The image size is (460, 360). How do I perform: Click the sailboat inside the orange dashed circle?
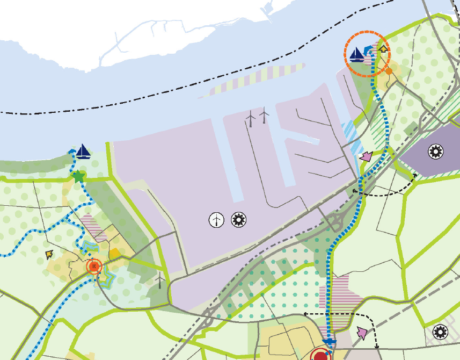coord(356,54)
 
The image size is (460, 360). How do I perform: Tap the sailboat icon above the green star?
coord(83,152)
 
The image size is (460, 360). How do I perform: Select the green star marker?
coord(78,176)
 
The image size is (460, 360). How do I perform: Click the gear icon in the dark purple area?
coord(435,152)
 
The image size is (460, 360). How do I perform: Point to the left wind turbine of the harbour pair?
coord(250,118)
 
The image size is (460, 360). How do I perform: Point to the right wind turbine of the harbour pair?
coord(264,115)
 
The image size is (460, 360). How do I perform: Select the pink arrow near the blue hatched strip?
coord(366,156)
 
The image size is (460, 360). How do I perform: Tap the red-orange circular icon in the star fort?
coord(94,266)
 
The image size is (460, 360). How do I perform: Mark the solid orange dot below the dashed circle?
coord(389,70)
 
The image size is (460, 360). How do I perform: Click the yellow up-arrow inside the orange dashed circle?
coord(382,49)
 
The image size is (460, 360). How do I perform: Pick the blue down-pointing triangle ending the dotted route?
coord(331,342)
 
